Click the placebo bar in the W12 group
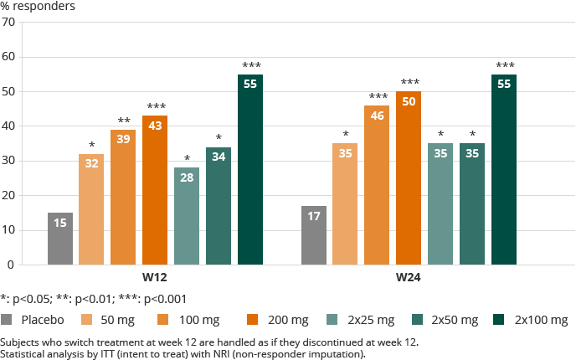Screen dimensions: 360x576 click(x=60, y=239)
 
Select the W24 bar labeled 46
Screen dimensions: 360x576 click(x=377, y=185)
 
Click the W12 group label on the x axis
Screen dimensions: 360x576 click(x=155, y=277)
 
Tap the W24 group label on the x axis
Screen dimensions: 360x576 click(x=409, y=277)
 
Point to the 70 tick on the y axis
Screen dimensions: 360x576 click(x=8, y=22)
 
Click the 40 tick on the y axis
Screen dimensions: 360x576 click(x=8, y=126)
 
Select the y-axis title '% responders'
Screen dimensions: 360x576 click(x=38, y=7)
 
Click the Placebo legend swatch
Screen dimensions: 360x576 click(x=8, y=320)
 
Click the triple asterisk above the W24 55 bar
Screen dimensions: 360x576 click(x=505, y=65)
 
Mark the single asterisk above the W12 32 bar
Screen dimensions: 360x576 click(x=92, y=146)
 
